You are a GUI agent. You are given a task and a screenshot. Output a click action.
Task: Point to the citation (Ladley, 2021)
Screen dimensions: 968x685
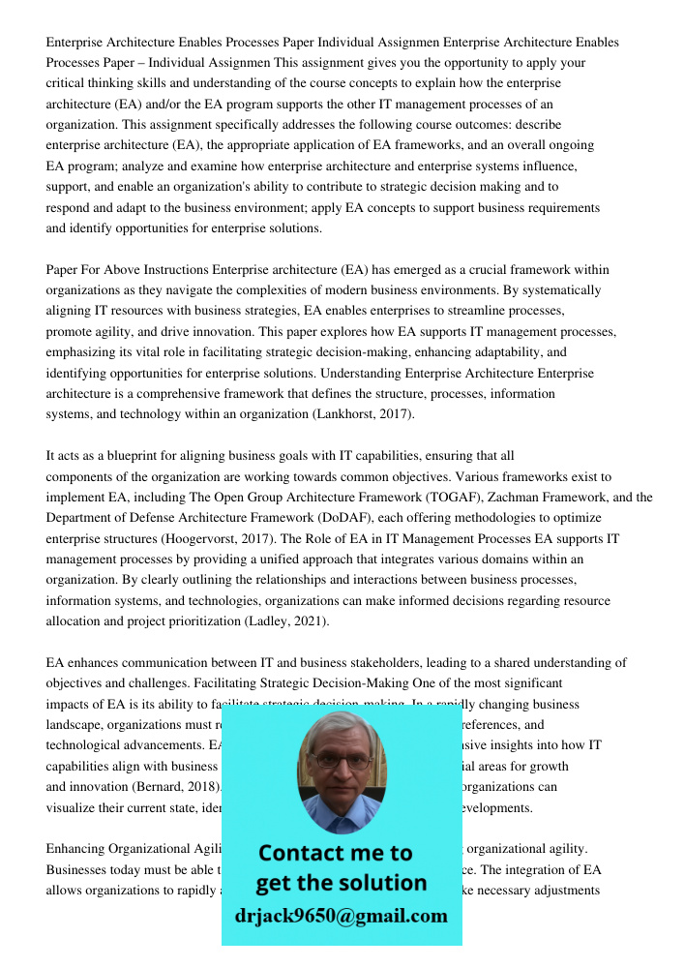[286, 621]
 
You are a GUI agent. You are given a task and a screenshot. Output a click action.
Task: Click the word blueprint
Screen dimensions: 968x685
[140, 456]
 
